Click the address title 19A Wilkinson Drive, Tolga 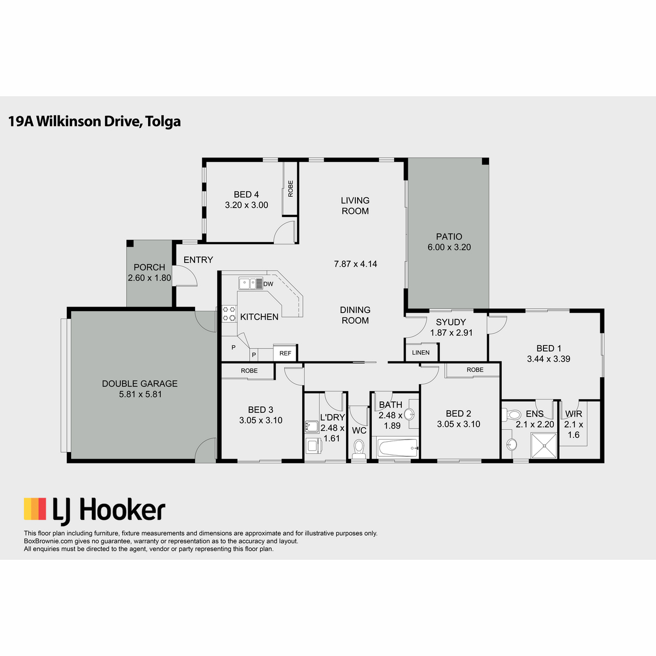pos(94,121)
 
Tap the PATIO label pos(449,237)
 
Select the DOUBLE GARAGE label pos(140,384)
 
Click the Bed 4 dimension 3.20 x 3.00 pos(247,205)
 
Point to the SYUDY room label pos(450,322)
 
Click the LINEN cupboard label pos(421,353)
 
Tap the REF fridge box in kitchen pos(285,353)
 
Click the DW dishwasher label pos(268,284)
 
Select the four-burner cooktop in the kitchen pos(229,314)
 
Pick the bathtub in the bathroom pos(397,448)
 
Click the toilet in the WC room pos(359,449)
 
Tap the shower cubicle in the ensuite pos(544,446)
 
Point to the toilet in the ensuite pos(512,415)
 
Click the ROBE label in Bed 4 pos(290,189)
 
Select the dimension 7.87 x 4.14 pos(355,264)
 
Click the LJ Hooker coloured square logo pos(35,508)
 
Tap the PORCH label pos(149,267)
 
